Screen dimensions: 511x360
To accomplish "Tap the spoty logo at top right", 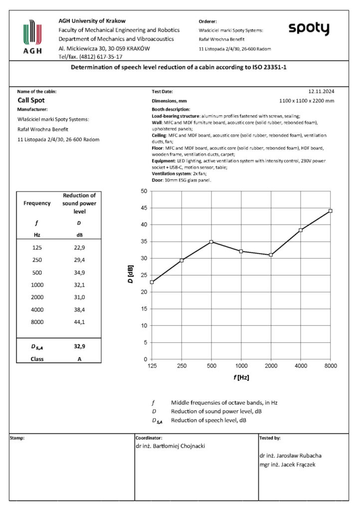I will pyautogui.click(x=309, y=29).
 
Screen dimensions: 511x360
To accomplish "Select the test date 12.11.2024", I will pyautogui.click(x=321, y=92).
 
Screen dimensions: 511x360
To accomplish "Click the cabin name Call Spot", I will pyautogui.click(x=32, y=100).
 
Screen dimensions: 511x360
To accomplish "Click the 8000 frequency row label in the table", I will pyautogui.click(x=37, y=322).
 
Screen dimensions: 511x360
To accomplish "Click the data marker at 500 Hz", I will pyautogui.click(x=211, y=242).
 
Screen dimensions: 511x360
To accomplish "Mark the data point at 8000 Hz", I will pyautogui.click(x=330, y=211).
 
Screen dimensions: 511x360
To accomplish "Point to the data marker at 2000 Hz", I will pyautogui.click(x=271, y=255).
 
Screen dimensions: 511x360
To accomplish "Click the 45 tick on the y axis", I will pyautogui.click(x=144, y=208).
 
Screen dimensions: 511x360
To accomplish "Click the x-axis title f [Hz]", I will pyautogui.click(x=241, y=378).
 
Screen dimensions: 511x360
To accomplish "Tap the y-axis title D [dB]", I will pyautogui.click(x=130, y=275).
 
